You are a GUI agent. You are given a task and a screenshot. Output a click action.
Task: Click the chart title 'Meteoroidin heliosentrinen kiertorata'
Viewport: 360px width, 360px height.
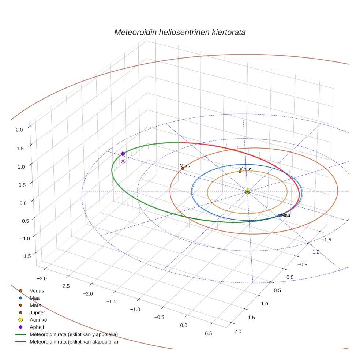click(x=180, y=32)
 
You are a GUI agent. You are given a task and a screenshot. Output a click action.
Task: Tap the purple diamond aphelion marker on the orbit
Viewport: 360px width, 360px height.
click(x=123, y=154)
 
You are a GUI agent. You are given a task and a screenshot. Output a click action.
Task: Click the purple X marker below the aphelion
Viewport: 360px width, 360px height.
click(x=123, y=161)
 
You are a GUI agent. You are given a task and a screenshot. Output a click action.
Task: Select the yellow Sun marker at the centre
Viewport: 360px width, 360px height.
click(x=247, y=192)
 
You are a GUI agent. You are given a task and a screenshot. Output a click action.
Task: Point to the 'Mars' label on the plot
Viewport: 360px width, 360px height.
click(x=185, y=166)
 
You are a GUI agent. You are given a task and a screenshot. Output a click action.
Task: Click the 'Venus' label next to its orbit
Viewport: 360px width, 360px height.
click(x=246, y=169)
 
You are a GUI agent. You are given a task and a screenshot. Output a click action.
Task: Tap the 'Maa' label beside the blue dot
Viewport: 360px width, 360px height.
click(x=285, y=215)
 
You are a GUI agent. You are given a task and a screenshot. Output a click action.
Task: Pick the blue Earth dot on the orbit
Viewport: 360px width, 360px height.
click(x=280, y=215)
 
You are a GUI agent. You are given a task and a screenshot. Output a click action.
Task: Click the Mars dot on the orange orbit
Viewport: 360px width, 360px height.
click(x=183, y=168)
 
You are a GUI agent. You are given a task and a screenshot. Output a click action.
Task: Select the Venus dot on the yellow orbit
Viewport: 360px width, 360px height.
click(x=240, y=171)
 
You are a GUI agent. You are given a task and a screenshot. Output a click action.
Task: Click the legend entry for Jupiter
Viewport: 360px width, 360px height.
click(x=37, y=312)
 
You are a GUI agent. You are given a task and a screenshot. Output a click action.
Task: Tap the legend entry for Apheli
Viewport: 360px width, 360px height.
click(x=37, y=327)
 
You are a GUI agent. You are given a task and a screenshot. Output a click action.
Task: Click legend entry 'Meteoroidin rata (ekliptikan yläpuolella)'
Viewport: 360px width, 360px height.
click(x=74, y=334)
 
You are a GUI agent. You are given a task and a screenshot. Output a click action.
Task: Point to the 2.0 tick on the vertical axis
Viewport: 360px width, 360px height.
click(x=19, y=129)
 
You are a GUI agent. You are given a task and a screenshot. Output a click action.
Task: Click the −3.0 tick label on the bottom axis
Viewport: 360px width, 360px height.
click(x=42, y=279)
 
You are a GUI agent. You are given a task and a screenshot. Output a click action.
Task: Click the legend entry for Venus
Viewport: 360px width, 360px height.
click(x=37, y=290)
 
